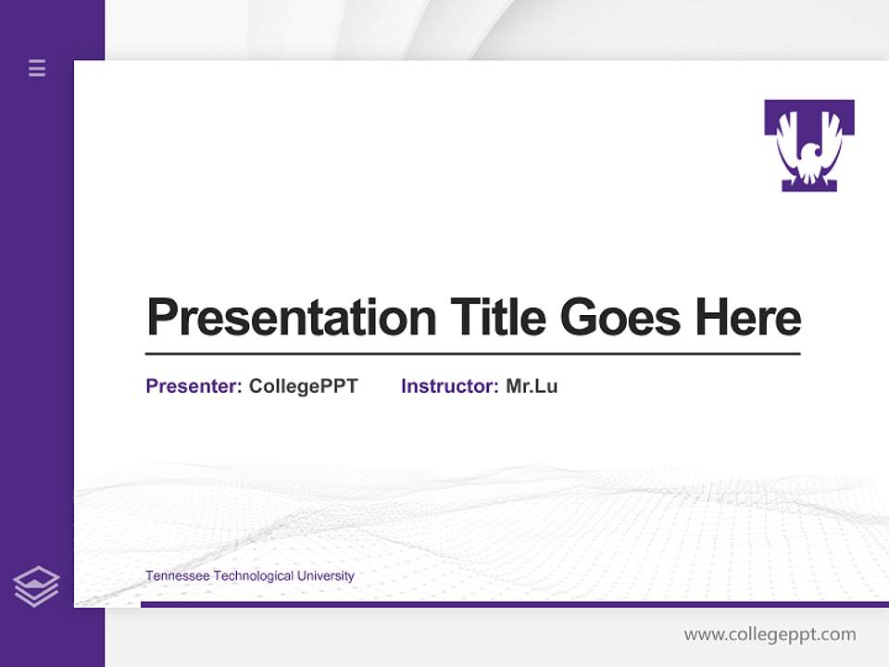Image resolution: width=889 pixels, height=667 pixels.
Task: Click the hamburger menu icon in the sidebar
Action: (37, 68)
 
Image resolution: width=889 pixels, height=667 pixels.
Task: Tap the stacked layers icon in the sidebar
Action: (36, 586)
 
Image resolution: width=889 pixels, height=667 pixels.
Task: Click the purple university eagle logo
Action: (809, 145)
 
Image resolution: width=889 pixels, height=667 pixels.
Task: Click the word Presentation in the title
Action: (291, 318)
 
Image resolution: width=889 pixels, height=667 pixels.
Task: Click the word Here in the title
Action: (748, 318)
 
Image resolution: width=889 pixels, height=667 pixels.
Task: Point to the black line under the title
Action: (472, 354)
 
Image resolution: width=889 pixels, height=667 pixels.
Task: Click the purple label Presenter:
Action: (194, 386)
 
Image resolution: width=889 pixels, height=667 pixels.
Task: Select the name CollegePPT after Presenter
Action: (303, 386)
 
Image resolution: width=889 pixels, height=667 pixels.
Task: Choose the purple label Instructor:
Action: (449, 386)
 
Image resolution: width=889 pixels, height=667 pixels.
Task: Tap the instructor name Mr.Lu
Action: (532, 386)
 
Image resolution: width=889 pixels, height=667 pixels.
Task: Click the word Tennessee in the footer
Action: (178, 576)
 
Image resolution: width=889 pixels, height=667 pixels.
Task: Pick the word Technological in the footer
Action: (254, 576)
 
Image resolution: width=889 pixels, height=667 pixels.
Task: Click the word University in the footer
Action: (325, 576)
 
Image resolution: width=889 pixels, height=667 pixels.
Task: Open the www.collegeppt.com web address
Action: (770, 635)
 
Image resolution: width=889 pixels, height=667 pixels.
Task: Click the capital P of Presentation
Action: (162, 318)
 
